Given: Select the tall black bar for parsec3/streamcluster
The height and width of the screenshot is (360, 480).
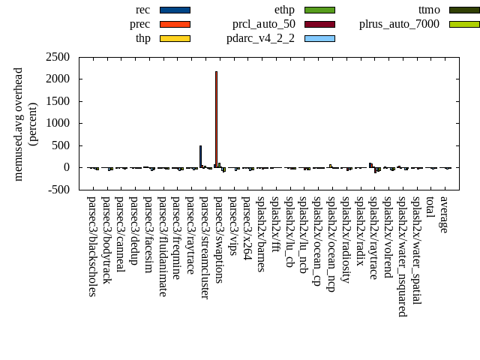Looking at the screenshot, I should click(200, 156).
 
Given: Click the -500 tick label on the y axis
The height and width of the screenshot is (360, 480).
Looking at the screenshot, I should click(58, 190).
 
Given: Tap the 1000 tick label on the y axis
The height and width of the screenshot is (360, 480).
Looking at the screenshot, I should click(58, 123).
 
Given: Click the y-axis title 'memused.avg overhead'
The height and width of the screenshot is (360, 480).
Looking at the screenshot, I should click(19, 124).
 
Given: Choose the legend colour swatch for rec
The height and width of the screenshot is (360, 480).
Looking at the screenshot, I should click(175, 10).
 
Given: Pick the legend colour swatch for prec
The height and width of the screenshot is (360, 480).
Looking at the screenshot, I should click(175, 24).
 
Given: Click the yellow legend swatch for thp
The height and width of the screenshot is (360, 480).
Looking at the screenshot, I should click(175, 38).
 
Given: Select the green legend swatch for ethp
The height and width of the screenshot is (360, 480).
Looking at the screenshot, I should click(319, 10).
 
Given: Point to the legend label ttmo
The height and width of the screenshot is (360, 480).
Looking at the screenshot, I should click(429, 10).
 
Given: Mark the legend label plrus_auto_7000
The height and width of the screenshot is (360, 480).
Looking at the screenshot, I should click(399, 24).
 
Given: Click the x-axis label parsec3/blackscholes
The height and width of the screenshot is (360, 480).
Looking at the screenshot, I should click(91, 246).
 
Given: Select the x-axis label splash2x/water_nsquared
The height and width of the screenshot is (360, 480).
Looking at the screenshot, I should click(402, 256).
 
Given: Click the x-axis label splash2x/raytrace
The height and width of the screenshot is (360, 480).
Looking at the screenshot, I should click(373, 238).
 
